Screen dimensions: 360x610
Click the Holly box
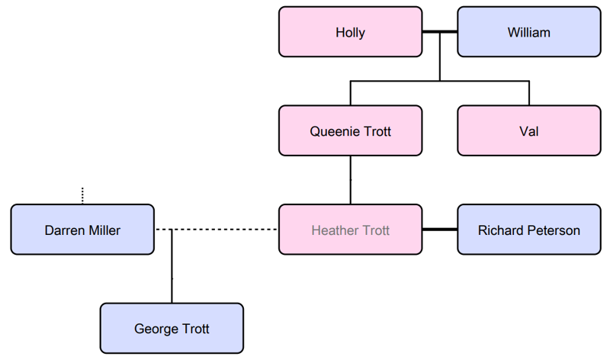(350, 32)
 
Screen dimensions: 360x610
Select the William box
(528, 32)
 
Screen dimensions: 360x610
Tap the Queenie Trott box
(350, 131)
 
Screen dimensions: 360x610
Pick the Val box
(528, 131)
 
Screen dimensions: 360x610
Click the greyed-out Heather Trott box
(350, 230)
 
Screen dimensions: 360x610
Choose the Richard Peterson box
(528, 230)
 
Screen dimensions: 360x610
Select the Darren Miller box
(82, 230)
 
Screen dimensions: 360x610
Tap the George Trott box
(172, 329)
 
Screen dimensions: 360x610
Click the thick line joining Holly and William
(439, 32)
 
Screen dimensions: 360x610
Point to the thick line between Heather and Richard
(439, 230)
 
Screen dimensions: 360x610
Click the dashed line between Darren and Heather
(229, 230)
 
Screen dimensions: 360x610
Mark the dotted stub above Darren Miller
(82, 196)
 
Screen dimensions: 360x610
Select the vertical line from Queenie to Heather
(350, 180)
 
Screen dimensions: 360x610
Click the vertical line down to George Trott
(172, 267)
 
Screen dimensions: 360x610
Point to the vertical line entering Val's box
(528, 93)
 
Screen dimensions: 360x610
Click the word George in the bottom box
(156, 329)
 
